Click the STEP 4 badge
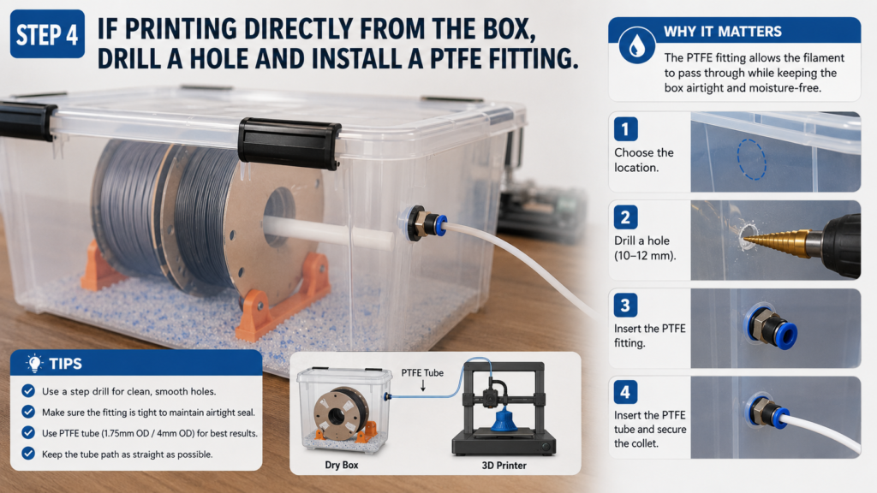(48, 34)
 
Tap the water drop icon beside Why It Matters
(636, 45)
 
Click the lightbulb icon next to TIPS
(34, 363)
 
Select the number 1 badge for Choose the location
(625, 129)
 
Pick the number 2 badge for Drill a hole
(625, 217)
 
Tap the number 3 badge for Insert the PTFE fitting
(625, 306)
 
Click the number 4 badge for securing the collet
(625, 392)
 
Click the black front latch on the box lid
(289, 144)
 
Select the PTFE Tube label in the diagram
(422, 373)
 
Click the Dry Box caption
(342, 465)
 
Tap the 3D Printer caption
(504, 465)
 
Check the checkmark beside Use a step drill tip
(28, 390)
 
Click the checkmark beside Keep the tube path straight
(28, 454)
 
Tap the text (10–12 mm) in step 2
(645, 256)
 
